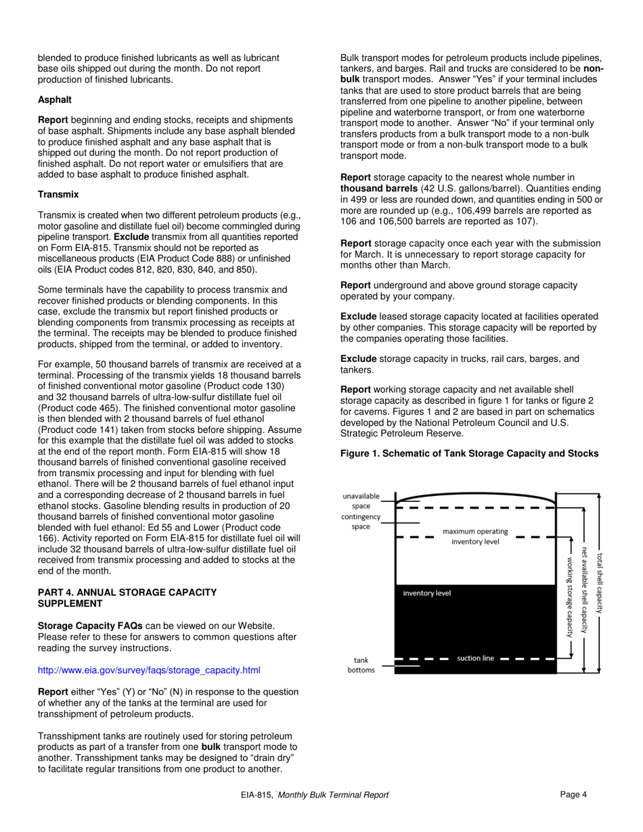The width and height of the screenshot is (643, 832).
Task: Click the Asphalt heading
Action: click(55, 99)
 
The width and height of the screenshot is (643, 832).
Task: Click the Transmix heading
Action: click(58, 194)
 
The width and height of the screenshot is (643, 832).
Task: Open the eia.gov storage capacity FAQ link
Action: click(149, 670)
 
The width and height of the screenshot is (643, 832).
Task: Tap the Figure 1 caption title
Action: click(469, 453)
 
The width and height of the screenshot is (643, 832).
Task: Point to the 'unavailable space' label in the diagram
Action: click(361, 501)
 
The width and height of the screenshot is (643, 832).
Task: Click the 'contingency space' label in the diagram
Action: click(361, 522)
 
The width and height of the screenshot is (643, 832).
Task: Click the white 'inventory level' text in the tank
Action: click(426, 593)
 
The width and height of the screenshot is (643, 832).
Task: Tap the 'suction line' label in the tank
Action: click(475, 658)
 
